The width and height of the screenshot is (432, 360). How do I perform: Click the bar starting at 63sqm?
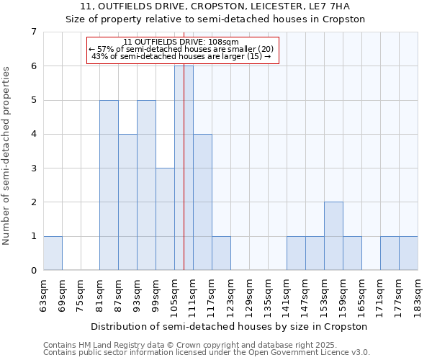pyautogui.click(x=53, y=253)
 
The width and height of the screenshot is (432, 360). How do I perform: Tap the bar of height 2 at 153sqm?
pyautogui.click(x=333, y=236)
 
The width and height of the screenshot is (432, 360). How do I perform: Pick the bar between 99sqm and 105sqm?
pyautogui.click(x=165, y=219)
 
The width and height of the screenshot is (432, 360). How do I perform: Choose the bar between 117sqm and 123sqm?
pyautogui.click(x=221, y=253)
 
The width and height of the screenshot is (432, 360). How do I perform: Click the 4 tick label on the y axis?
pyautogui.click(x=33, y=134)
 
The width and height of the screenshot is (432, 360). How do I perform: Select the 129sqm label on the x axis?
pyautogui.click(x=249, y=294)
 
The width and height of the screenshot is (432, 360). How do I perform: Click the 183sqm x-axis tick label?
pyautogui.click(x=418, y=294)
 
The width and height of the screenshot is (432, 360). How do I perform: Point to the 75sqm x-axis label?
pyautogui.click(x=81, y=294)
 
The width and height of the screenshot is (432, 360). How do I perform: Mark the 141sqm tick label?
pyautogui.click(x=287, y=294)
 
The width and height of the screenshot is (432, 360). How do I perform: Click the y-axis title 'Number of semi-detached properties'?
pyautogui.click(x=7, y=156)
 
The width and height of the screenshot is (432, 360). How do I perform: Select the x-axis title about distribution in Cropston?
pyautogui.click(x=230, y=326)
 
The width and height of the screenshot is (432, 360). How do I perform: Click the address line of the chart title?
pyautogui.click(x=216, y=6)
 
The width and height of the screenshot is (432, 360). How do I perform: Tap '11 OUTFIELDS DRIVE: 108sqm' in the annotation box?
pyautogui.click(x=181, y=42)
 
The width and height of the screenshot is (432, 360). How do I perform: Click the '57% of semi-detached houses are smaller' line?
pyautogui.click(x=181, y=49)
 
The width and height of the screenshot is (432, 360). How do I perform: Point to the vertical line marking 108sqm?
pyautogui.click(x=184, y=180)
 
